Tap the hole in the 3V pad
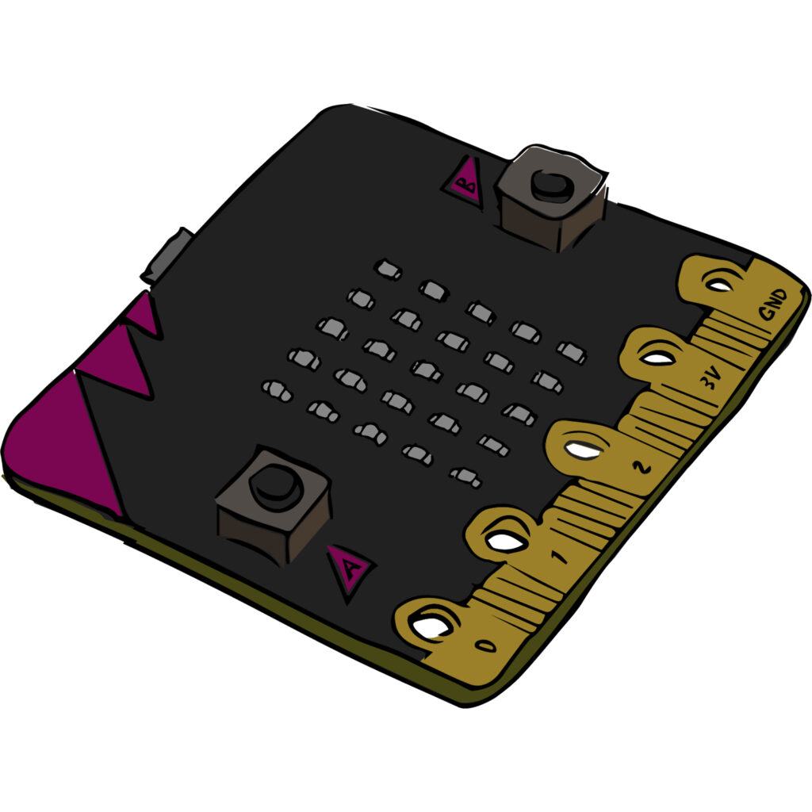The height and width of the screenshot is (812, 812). pyautogui.click(x=657, y=358)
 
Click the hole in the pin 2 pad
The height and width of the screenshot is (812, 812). pyautogui.click(x=583, y=450)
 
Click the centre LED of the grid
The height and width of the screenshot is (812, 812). pyautogui.click(x=427, y=370)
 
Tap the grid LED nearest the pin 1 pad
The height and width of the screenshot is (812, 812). pyautogui.click(x=465, y=477)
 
